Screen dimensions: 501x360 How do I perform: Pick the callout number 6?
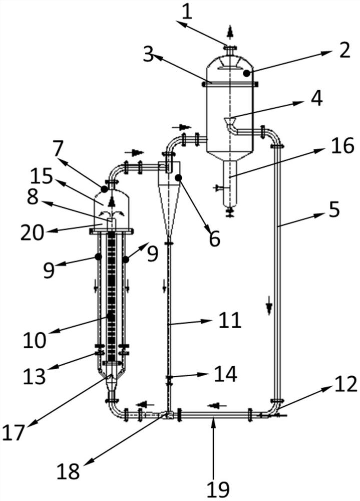pos(214,238)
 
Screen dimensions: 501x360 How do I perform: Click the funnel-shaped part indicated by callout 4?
pos(229,121)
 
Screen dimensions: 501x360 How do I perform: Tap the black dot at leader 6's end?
pos(178,177)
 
